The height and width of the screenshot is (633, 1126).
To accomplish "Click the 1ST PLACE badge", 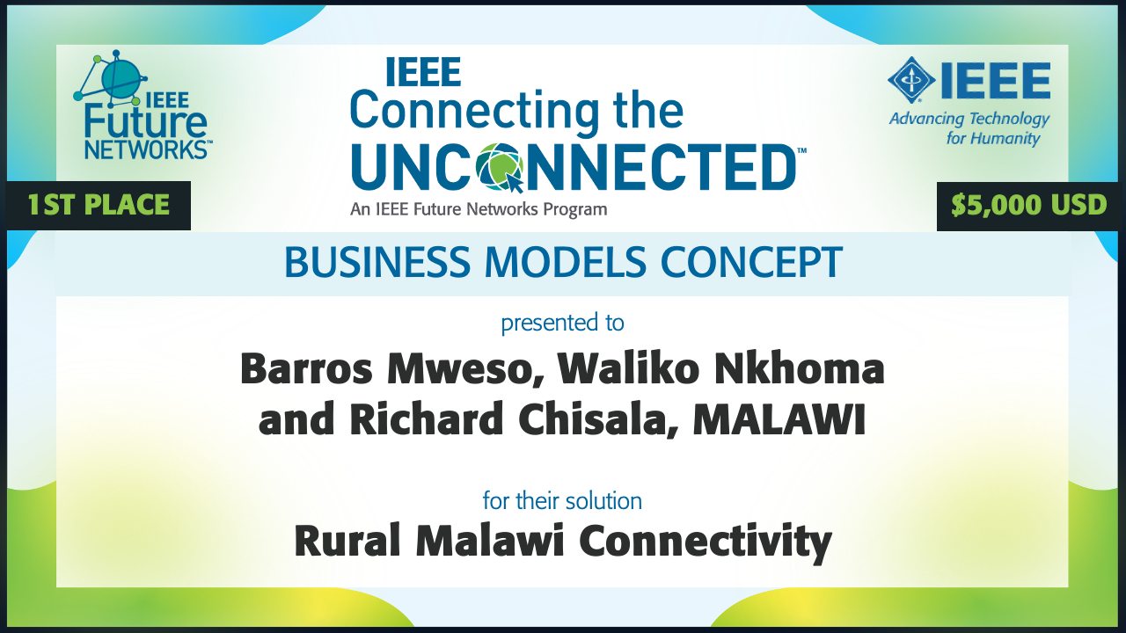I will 98,206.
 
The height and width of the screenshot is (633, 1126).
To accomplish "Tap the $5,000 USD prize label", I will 1028,206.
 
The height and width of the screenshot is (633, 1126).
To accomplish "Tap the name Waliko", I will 631,371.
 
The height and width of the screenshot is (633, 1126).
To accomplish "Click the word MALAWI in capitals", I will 779,421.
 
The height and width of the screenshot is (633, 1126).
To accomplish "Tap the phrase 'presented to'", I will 562,323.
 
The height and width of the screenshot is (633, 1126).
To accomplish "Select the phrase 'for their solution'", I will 562,501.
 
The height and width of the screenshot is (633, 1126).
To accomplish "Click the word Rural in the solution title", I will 347,542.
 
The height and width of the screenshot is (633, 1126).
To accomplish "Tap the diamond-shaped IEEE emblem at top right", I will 911,81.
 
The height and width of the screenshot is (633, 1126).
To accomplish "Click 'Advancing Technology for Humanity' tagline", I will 969,128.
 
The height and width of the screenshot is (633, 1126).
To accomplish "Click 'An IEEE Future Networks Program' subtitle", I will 479,209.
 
